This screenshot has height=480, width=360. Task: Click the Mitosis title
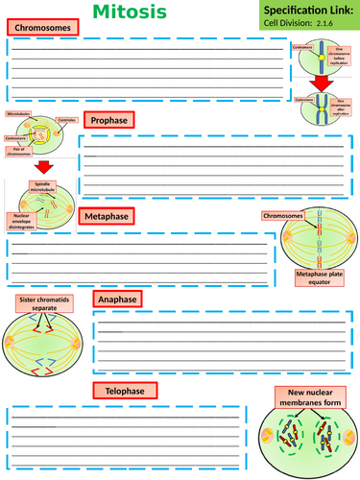(180, 12)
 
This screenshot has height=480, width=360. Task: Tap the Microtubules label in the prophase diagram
(19, 114)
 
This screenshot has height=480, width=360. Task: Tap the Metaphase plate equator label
(322, 279)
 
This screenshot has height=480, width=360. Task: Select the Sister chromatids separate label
(43, 304)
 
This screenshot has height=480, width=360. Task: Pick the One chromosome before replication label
(342, 55)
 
